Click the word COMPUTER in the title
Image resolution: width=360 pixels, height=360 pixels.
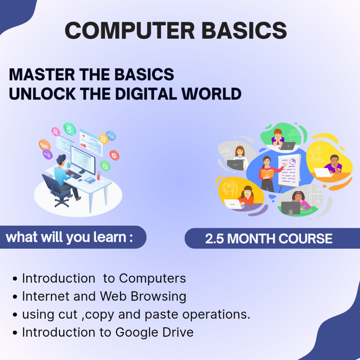click(x=130, y=31)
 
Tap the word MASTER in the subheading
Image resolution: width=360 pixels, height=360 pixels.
click(x=42, y=75)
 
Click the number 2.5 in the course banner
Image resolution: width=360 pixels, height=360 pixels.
click(x=214, y=239)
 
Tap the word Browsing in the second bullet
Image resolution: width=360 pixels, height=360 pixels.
click(x=159, y=297)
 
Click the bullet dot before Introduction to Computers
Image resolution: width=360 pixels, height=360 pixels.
click(x=15, y=279)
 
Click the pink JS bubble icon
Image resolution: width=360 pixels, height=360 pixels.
click(x=56, y=132)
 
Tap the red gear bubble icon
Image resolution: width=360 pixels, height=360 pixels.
click(x=114, y=155)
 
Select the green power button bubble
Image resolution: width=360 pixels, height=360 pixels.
click(x=105, y=166)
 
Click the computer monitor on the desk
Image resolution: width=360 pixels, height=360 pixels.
click(x=83, y=160)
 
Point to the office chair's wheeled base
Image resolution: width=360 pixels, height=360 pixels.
click(x=62, y=202)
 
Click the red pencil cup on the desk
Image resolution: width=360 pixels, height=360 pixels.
click(x=98, y=176)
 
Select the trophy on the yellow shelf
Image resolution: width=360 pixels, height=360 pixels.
click(x=312, y=154)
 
